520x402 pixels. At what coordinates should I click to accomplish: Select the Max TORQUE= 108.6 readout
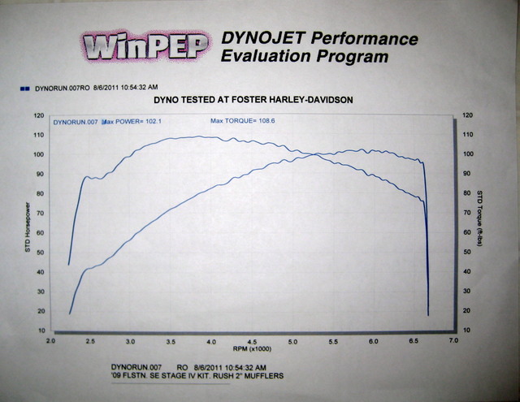pos(239,122)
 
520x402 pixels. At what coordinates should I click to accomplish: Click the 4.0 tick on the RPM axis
pos(211,343)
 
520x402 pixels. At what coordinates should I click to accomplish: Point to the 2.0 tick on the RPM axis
pos(50,343)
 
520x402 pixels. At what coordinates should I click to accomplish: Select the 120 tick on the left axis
pos(38,115)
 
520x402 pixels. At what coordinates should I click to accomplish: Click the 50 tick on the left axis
pos(40,253)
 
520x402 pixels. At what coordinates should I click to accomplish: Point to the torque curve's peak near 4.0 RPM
pos(203,136)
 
